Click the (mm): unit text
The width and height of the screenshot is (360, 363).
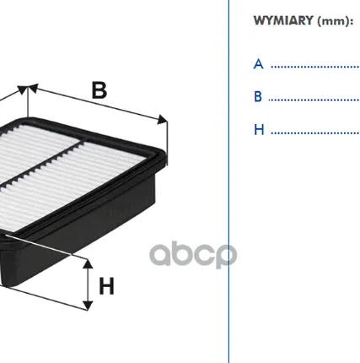coord(336,20)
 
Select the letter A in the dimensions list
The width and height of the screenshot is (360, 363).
coord(259,63)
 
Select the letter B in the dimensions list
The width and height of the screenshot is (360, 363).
coord(259,96)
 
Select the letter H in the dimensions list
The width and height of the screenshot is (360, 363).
coord(259,130)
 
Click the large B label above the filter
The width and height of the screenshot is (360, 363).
coord(99,89)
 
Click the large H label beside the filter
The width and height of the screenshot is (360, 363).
coord(106,285)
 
